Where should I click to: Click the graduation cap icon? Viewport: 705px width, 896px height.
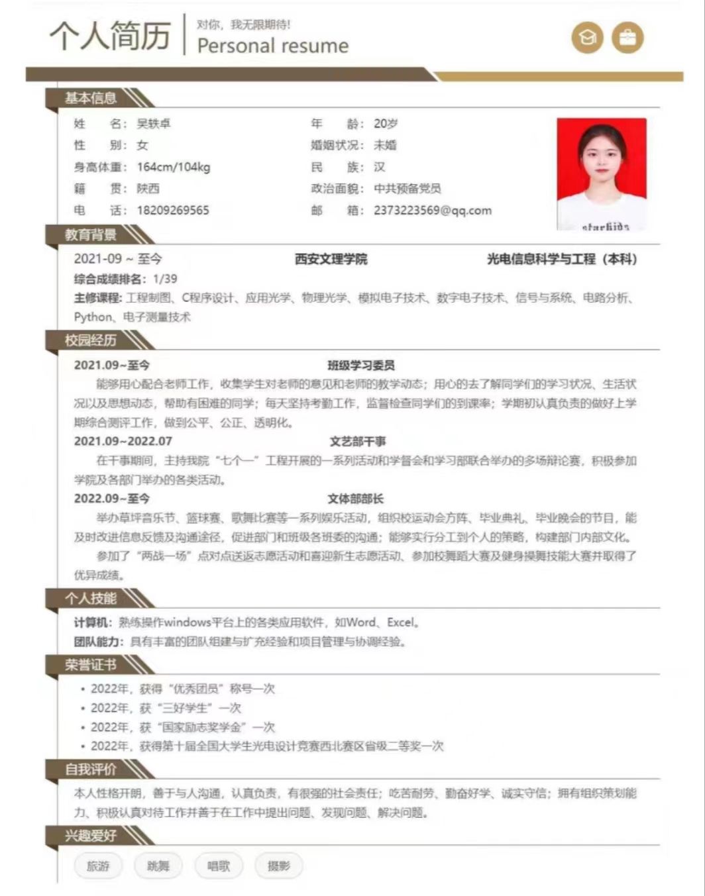[x=587, y=38]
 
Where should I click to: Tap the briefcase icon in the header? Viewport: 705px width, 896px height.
[x=627, y=38]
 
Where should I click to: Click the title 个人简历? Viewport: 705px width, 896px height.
[x=110, y=35]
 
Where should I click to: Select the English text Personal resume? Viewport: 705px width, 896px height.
[x=272, y=46]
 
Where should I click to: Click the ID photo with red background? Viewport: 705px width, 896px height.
[x=601, y=174]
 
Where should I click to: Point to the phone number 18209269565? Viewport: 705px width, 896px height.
[x=173, y=211]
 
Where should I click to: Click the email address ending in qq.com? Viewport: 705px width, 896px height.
[x=433, y=211]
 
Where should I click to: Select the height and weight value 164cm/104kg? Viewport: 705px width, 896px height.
[x=174, y=167]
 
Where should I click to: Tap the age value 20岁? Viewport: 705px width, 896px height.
[x=386, y=124]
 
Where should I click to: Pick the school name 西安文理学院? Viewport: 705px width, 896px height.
[x=331, y=260]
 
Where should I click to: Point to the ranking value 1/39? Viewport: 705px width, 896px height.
[x=165, y=279]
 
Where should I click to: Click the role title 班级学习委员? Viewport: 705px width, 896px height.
[x=361, y=365]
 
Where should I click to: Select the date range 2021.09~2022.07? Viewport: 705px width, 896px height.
[x=123, y=441]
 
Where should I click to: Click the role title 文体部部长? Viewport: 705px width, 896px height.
[x=355, y=499]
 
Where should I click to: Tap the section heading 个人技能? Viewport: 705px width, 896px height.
[x=91, y=599]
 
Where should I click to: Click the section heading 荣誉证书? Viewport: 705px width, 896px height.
[x=91, y=665]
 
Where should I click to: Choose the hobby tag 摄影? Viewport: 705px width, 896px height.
[x=278, y=866]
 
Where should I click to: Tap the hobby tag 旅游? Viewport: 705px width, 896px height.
[x=98, y=866]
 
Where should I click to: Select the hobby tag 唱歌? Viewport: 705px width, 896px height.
[x=219, y=866]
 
